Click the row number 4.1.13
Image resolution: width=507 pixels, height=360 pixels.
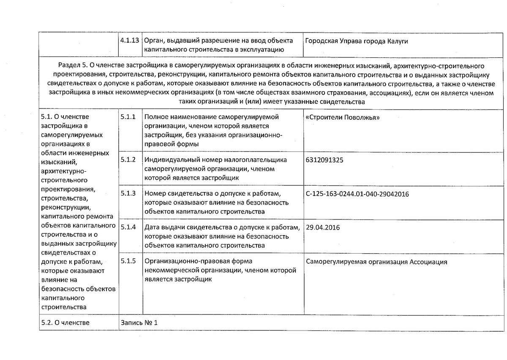click(x=128, y=41)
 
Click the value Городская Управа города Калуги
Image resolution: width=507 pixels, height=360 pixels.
click(x=356, y=41)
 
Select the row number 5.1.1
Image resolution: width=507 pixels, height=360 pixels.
click(x=128, y=116)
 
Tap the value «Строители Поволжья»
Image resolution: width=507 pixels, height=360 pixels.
click(x=342, y=117)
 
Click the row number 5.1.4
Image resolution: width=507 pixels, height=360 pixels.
click(x=128, y=227)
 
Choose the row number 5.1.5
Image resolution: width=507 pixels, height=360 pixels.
click(x=128, y=261)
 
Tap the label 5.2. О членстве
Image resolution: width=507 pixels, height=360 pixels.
click(x=65, y=323)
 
